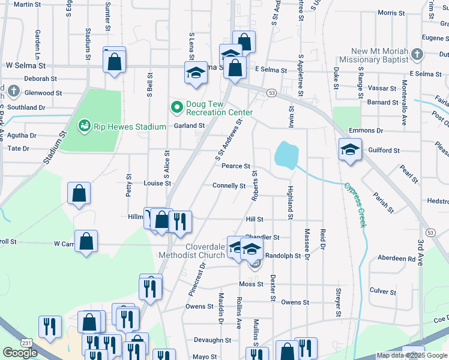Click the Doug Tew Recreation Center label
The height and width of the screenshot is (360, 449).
tap(219, 108)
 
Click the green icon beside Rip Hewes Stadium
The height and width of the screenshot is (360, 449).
tap(84, 126)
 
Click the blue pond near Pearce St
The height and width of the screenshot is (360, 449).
tap(286, 155)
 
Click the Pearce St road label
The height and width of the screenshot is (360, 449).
tap(235, 166)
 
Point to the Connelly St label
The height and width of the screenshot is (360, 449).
tap(229, 186)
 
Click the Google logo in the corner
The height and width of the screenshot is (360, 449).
tap(20, 353)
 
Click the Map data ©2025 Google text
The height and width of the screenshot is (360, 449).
tap(412, 356)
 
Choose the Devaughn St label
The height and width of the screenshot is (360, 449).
tap(212, 340)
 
